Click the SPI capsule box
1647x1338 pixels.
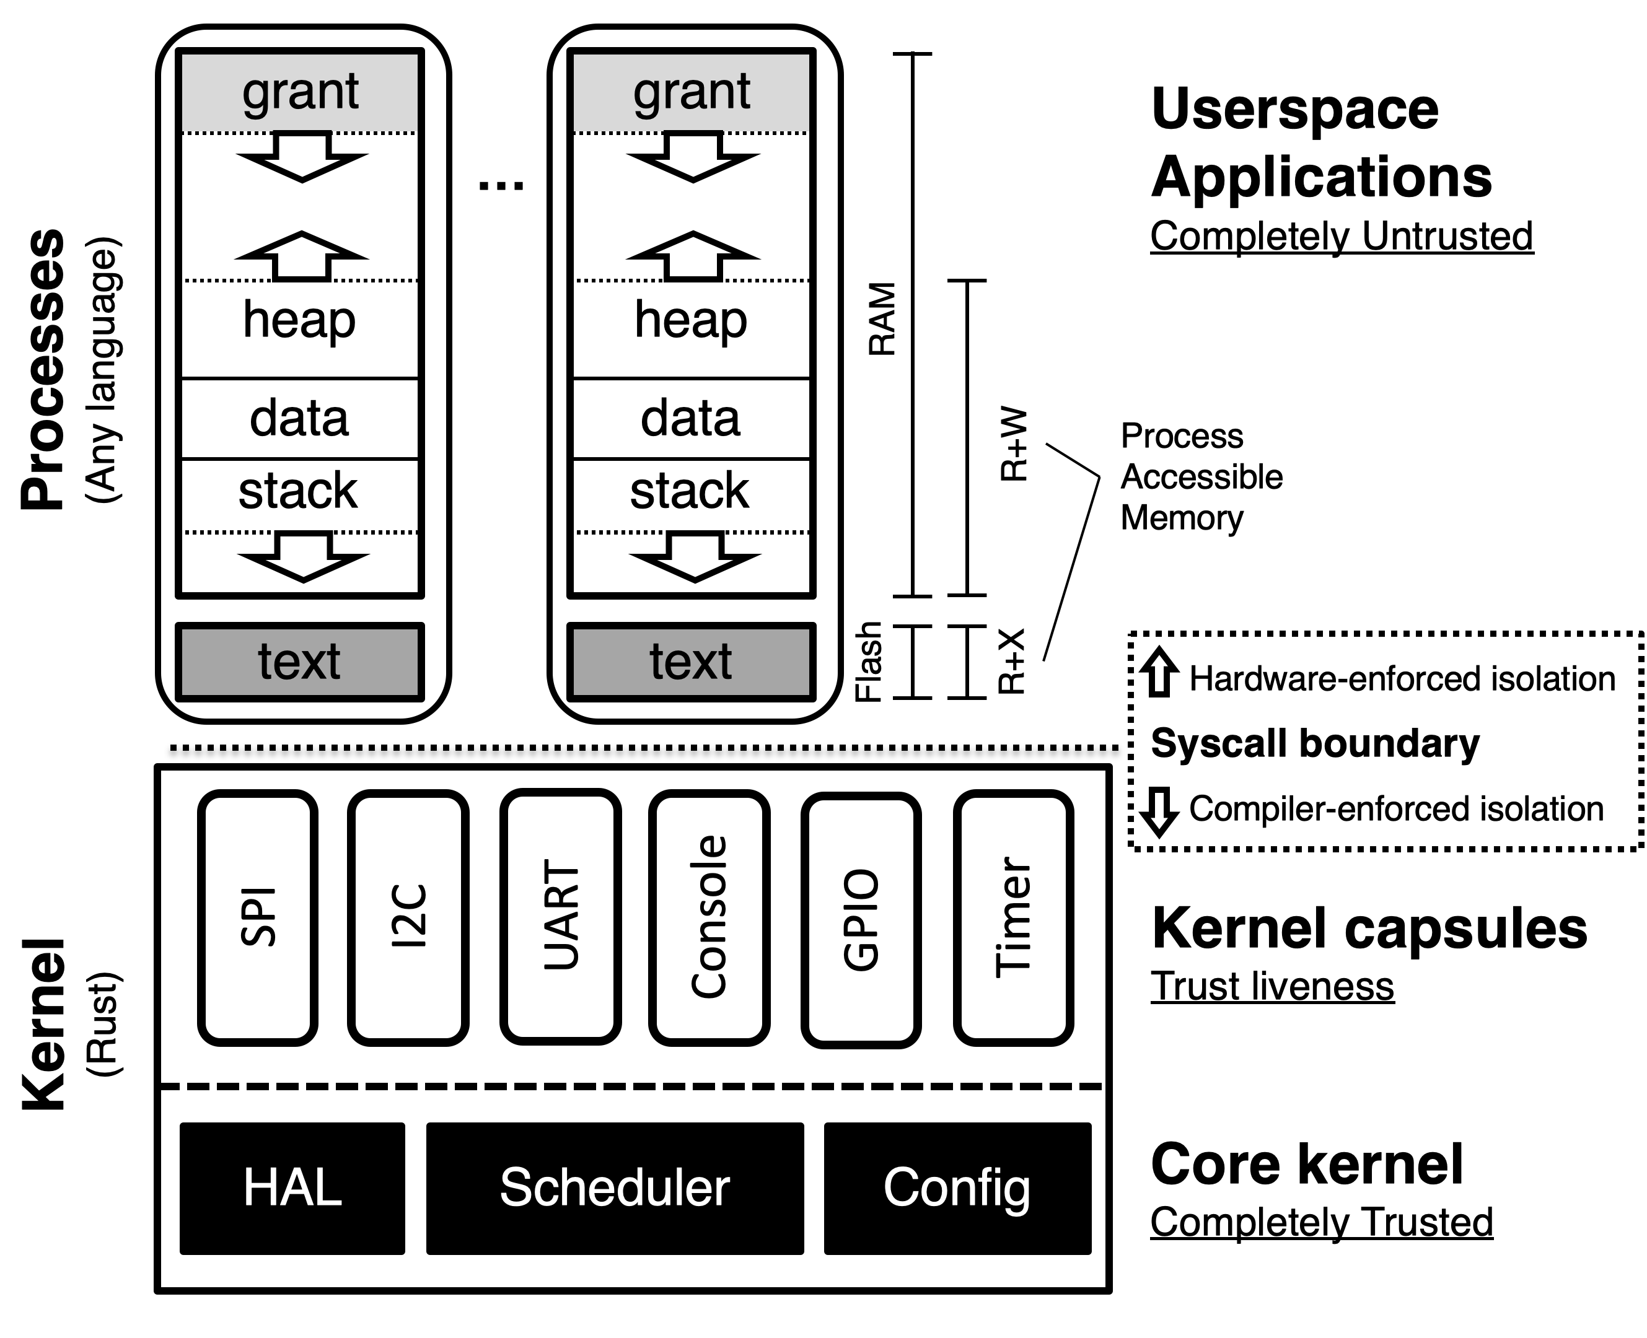click(x=258, y=917)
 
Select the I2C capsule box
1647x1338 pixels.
click(x=408, y=917)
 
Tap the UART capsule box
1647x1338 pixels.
click(x=561, y=917)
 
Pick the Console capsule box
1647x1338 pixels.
click(x=709, y=917)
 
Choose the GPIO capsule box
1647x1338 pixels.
click(x=861, y=919)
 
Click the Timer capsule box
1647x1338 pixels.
click(x=1013, y=917)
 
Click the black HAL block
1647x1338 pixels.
click(x=292, y=1187)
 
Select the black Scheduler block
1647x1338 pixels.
click(x=615, y=1187)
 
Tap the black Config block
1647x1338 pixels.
click(x=957, y=1187)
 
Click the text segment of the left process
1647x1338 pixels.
click(x=299, y=662)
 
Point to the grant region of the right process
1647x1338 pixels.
click(x=692, y=92)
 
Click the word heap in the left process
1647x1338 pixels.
click(x=299, y=319)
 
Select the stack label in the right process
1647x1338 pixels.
click(x=689, y=491)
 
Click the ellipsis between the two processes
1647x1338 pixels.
click(x=501, y=186)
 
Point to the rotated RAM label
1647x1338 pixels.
click(x=882, y=319)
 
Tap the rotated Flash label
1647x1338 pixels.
click(x=869, y=662)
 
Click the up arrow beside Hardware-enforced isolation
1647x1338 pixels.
click(x=1159, y=672)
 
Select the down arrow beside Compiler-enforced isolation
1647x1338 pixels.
click(x=1159, y=811)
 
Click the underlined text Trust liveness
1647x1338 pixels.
click(x=1272, y=987)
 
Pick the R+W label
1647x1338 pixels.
click(x=1014, y=444)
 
